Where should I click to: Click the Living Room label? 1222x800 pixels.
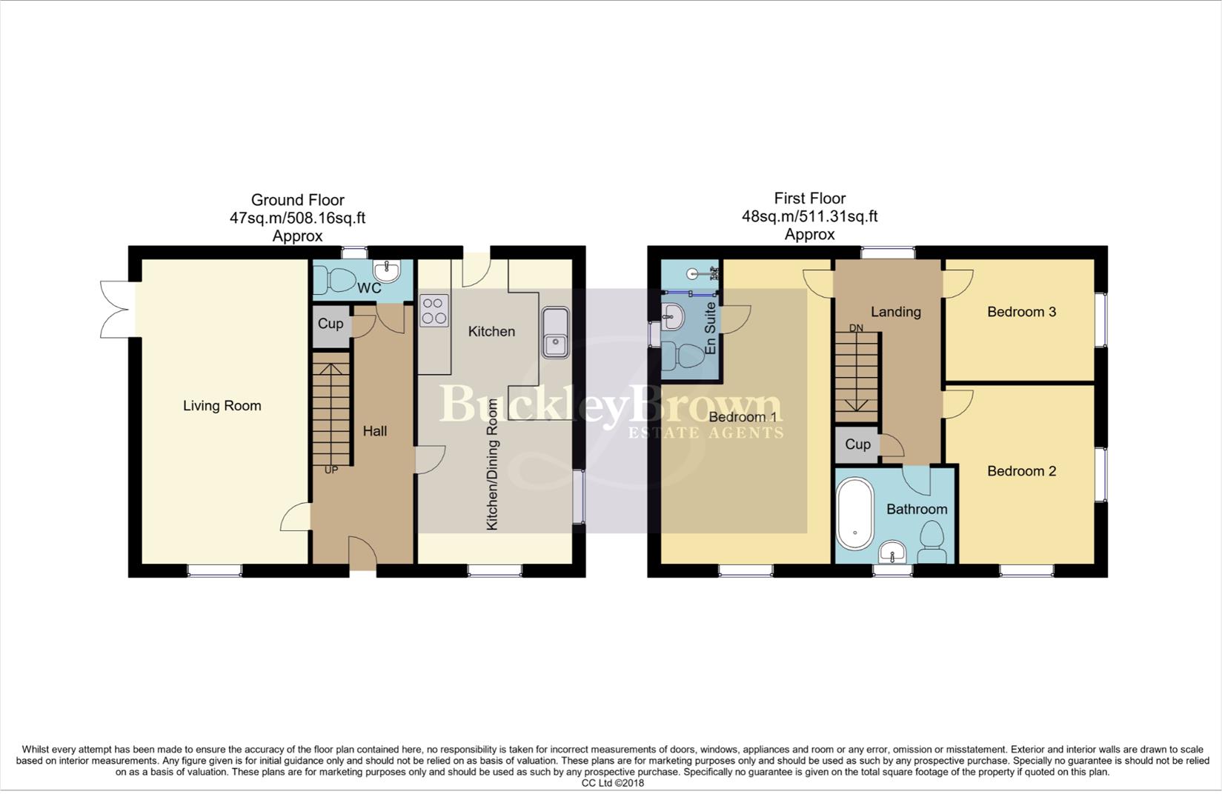pos(222,406)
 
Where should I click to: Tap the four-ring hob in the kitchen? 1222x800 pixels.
pos(434,310)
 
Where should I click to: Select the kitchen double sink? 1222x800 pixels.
pos(555,332)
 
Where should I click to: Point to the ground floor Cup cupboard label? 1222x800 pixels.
pos(330,324)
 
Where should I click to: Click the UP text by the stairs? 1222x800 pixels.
pos(331,470)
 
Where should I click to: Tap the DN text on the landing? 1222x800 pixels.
pos(856,327)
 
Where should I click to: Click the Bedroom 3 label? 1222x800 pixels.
pos(1021,312)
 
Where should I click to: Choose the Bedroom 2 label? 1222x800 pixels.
pos(1021,471)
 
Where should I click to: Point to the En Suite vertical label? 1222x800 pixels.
pos(710,327)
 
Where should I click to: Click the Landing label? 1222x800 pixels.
pos(895,312)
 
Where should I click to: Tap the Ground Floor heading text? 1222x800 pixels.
pos(297,200)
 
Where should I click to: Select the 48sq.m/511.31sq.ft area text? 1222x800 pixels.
pos(809,216)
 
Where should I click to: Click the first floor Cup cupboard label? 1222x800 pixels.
pos(857,444)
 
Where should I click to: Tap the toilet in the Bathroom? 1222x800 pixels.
pos(931,542)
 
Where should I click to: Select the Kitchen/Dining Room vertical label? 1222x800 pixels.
pos(492,464)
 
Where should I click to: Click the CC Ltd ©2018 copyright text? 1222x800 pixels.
pos(612,783)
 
